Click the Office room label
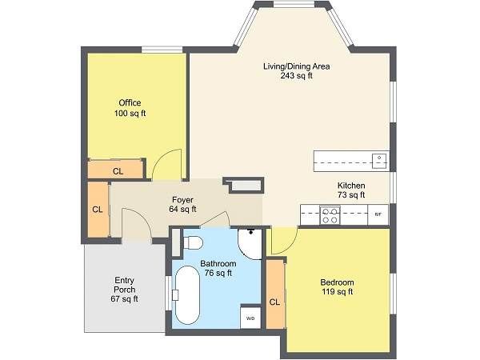click(x=130, y=103)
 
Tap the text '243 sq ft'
click(x=296, y=77)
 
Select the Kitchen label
click(x=350, y=184)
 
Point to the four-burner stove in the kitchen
click(x=330, y=214)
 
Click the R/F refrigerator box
click(x=378, y=214)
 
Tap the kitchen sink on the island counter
click(x=378, y=160)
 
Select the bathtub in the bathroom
click(x=186, y=294)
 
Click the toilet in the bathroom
click(x=194, y=241)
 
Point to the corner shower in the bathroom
click(x=250, y=242)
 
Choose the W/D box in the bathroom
click(x=250, y=318)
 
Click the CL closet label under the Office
click(x=118, y=170)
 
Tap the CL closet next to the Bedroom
click(x=274, y=302)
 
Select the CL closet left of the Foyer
click(x=97, y=210)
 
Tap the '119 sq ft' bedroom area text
click(x=337, y=292)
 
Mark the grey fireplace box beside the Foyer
click(x=245, y=185)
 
